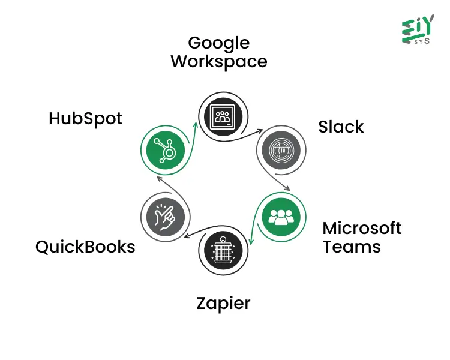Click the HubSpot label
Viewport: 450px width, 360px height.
coord(85,119)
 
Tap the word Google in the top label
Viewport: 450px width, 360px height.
coord(218,43)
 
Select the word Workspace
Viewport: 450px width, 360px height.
coord(218,61)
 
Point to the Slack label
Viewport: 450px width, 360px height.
coord(341,127)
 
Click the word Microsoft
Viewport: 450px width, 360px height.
coord(362,228)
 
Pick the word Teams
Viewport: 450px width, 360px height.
coord(352,246)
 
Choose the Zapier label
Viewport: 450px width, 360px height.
coord(223,304)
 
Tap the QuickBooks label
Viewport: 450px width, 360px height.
coord(85,247)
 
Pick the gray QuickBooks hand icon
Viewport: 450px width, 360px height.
coord(164,216)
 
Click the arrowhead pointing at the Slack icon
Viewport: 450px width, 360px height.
coord(260,130)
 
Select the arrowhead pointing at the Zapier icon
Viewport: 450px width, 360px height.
coord(251,242)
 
